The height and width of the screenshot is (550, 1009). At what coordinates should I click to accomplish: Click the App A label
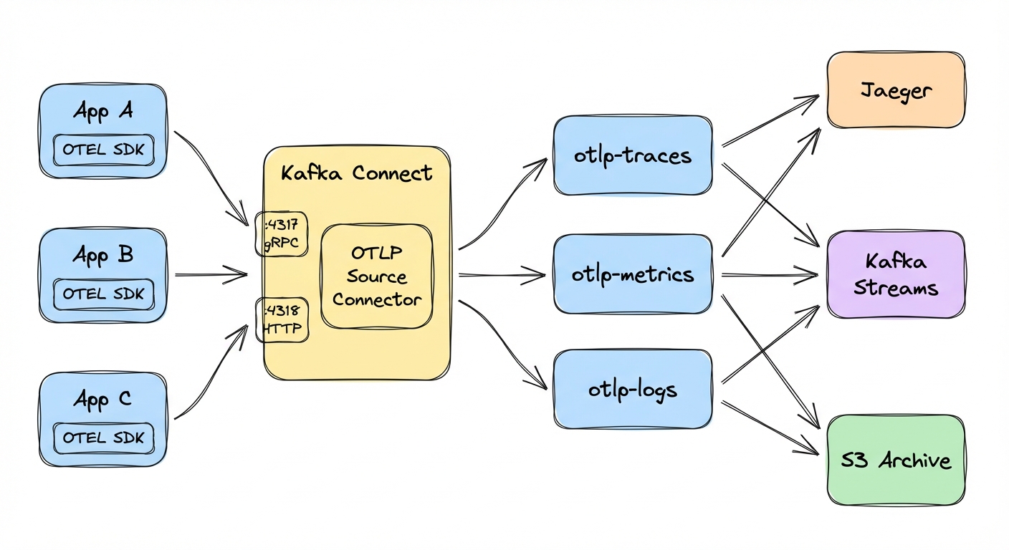tap(102, 112)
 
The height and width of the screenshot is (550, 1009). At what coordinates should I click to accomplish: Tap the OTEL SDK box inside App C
tap(103, 438)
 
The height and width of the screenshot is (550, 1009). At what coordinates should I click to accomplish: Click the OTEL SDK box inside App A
tap(103, 150)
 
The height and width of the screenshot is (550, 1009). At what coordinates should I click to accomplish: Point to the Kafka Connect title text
tap(356, 173)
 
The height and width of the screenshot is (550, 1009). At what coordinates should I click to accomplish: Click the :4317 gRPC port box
tap(282, 234)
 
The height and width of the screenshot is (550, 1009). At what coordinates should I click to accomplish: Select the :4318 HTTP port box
tap(282, 319)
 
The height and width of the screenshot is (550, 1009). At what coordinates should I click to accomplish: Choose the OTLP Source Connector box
tap(377, 276)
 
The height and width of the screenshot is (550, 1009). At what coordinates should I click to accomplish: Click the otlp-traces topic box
tap(633, 155)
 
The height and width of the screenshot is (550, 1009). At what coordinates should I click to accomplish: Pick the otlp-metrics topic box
tap(633, 274)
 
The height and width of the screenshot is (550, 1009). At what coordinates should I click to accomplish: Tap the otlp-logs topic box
tap(633, 390)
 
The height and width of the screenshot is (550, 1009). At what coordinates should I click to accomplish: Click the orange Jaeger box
tap(896, 90)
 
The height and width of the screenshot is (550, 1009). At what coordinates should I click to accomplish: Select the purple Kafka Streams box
tap(896, 274)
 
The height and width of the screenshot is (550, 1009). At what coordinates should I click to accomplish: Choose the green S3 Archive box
tap(896, 460)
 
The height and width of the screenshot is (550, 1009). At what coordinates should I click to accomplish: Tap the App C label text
tap(102, 399)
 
